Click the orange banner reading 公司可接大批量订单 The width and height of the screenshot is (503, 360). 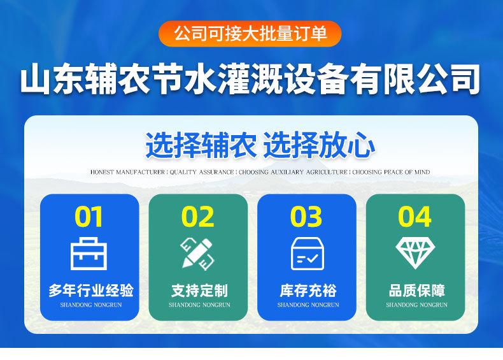[x=251, y=33]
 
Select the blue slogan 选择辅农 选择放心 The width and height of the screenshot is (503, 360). [x=260, y=145]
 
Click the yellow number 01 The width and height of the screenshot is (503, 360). [x=89, y=217]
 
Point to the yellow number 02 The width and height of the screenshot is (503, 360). [x=197, y=217]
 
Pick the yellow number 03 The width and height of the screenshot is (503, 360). [x=306, y=217]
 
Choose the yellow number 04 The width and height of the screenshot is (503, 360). [x=414, y=217]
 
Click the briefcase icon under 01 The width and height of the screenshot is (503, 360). [x=89, y=254]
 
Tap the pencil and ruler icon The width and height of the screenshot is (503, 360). [x=197, y=253]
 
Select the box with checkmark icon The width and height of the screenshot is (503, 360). [x=306, y=253]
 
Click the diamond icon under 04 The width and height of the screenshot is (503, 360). [x=414, y=252]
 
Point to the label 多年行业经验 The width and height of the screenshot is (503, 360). [x=90, y=291]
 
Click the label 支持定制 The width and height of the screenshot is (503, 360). [x=199, y=291]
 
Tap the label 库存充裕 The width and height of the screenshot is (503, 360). [x=308, y=291]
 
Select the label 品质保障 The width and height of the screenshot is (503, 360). [x=416, y=291]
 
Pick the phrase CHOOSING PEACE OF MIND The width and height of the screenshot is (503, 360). [x=391, y=172]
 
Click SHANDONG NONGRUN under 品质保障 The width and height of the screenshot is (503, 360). [x=416, y=305]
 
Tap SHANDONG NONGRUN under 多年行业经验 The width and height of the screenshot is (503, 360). [x=90, y=305]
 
